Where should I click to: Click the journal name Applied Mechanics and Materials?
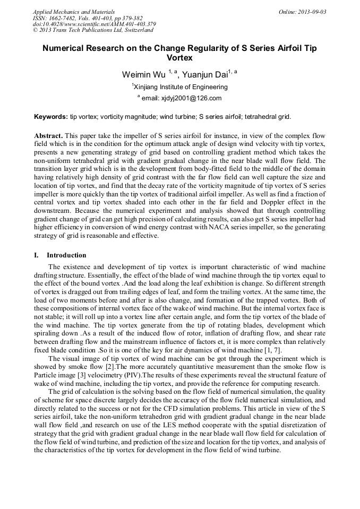(x=74, y=12)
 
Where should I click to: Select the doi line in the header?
(x=94, y=24)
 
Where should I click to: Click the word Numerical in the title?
(x=65, y=48)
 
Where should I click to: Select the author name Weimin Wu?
(x=143, y=74)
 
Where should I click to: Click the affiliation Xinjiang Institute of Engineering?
(x=181, y=87)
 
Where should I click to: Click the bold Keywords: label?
(x=51, y=116)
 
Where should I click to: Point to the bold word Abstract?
(x=48, y=136)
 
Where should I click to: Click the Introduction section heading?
(x=66, y=255)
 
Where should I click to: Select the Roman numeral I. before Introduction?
(x=36, y=255)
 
